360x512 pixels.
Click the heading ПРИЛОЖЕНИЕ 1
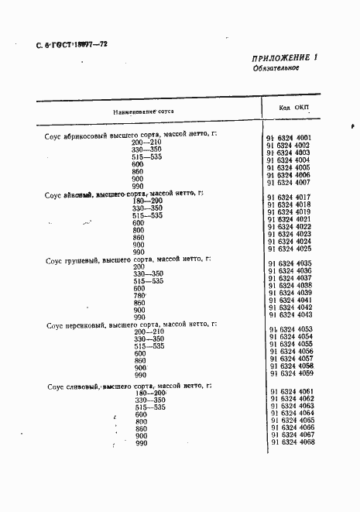[x=285, y=59]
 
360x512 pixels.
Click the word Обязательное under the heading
[x=276, y=69]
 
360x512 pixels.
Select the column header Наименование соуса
[x=144, y=112]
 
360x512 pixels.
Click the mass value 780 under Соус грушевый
[x=139, y=296]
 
